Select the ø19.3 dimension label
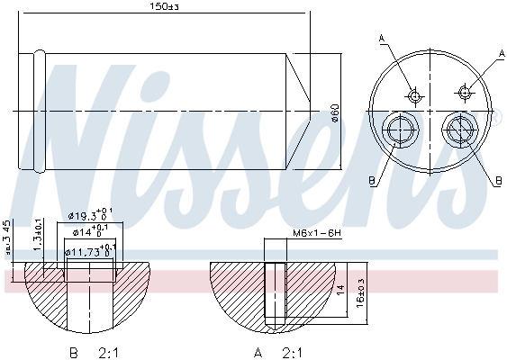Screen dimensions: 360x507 click(x=91, y=216)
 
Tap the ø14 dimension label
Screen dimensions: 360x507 click(x=90, y=232)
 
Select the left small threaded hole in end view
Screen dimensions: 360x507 click(x=414, y=94)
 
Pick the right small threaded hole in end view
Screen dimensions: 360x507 click(x=465, y=91)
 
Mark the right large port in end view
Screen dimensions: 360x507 click(x=461, y=129)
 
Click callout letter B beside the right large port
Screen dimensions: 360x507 click(x=497, y=180)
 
